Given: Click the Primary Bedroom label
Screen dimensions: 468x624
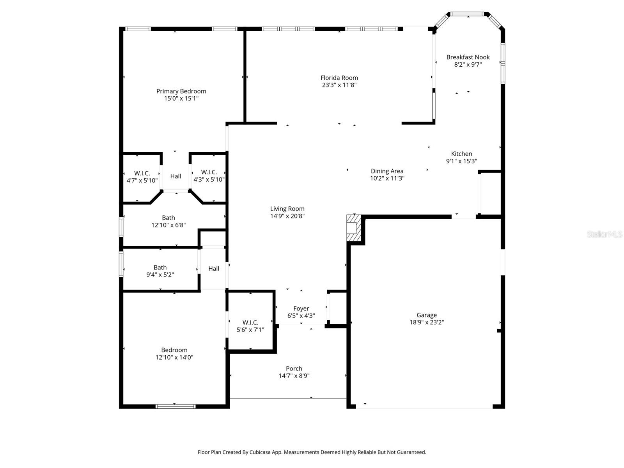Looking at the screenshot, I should [x=181, y=91].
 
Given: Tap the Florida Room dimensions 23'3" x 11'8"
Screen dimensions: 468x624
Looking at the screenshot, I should [x=339, y=85].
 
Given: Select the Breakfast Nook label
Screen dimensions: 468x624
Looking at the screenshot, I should [x=468, y=57].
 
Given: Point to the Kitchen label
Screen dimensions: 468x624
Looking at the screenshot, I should [x=461, y=154].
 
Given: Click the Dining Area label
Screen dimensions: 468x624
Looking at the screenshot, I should [x=387, y=171].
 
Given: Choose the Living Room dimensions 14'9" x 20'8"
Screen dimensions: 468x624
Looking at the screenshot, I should [x=287, y=216].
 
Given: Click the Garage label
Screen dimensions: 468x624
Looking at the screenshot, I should [x=426, y=315].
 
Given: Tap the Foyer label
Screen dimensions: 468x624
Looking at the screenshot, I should [x=301, y=308].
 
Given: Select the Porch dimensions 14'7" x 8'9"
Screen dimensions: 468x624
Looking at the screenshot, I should [x=294, y=376].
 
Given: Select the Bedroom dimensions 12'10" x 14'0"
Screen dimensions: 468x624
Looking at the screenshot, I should [x=174, y=357].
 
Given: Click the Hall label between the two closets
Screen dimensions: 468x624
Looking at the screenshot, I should [x=175, y=176].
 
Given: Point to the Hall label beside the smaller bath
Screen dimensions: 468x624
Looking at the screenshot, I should [x=213, y=269].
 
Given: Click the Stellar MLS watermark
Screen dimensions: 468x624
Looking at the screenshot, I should [x=604, y=234].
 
